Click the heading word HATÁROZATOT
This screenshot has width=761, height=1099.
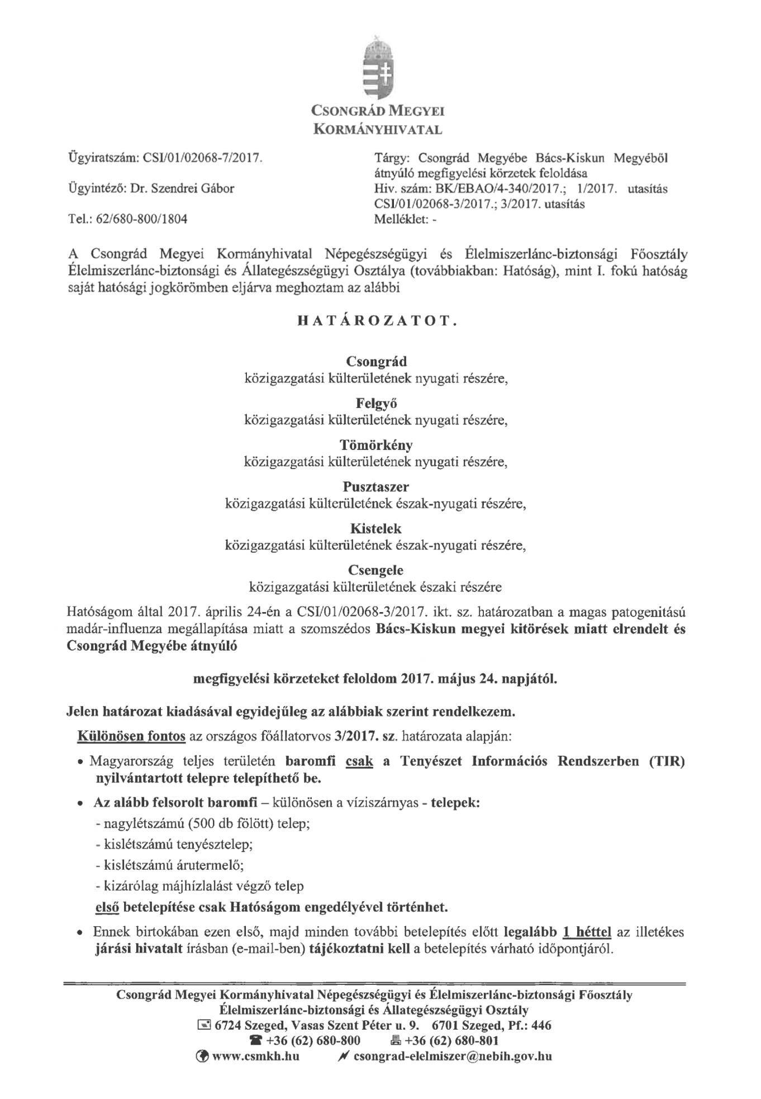tap(378, 321)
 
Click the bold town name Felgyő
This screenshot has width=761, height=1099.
tap(377, 403)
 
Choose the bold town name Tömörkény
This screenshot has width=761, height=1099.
tap(377, 445)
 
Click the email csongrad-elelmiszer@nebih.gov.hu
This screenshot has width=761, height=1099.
tap(453, 1056)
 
